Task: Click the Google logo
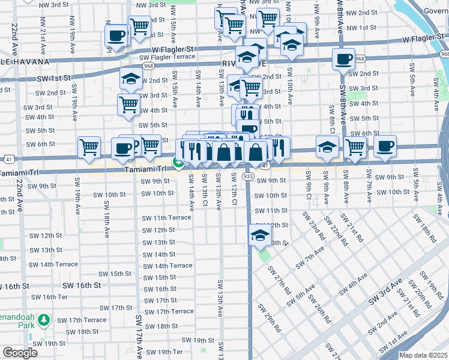pos(20,353)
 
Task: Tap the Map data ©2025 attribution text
pos(423,355)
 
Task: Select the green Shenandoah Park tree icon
pos(43,321)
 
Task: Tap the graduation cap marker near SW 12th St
pos(259,234)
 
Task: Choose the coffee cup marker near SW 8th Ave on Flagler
pos(343,59)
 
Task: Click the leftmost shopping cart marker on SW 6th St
pos(89,146)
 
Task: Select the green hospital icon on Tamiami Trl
pos(178,162)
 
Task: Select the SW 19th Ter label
pos(165,352)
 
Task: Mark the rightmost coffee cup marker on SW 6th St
pos(385,145)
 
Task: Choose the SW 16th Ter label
pos(49,297)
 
